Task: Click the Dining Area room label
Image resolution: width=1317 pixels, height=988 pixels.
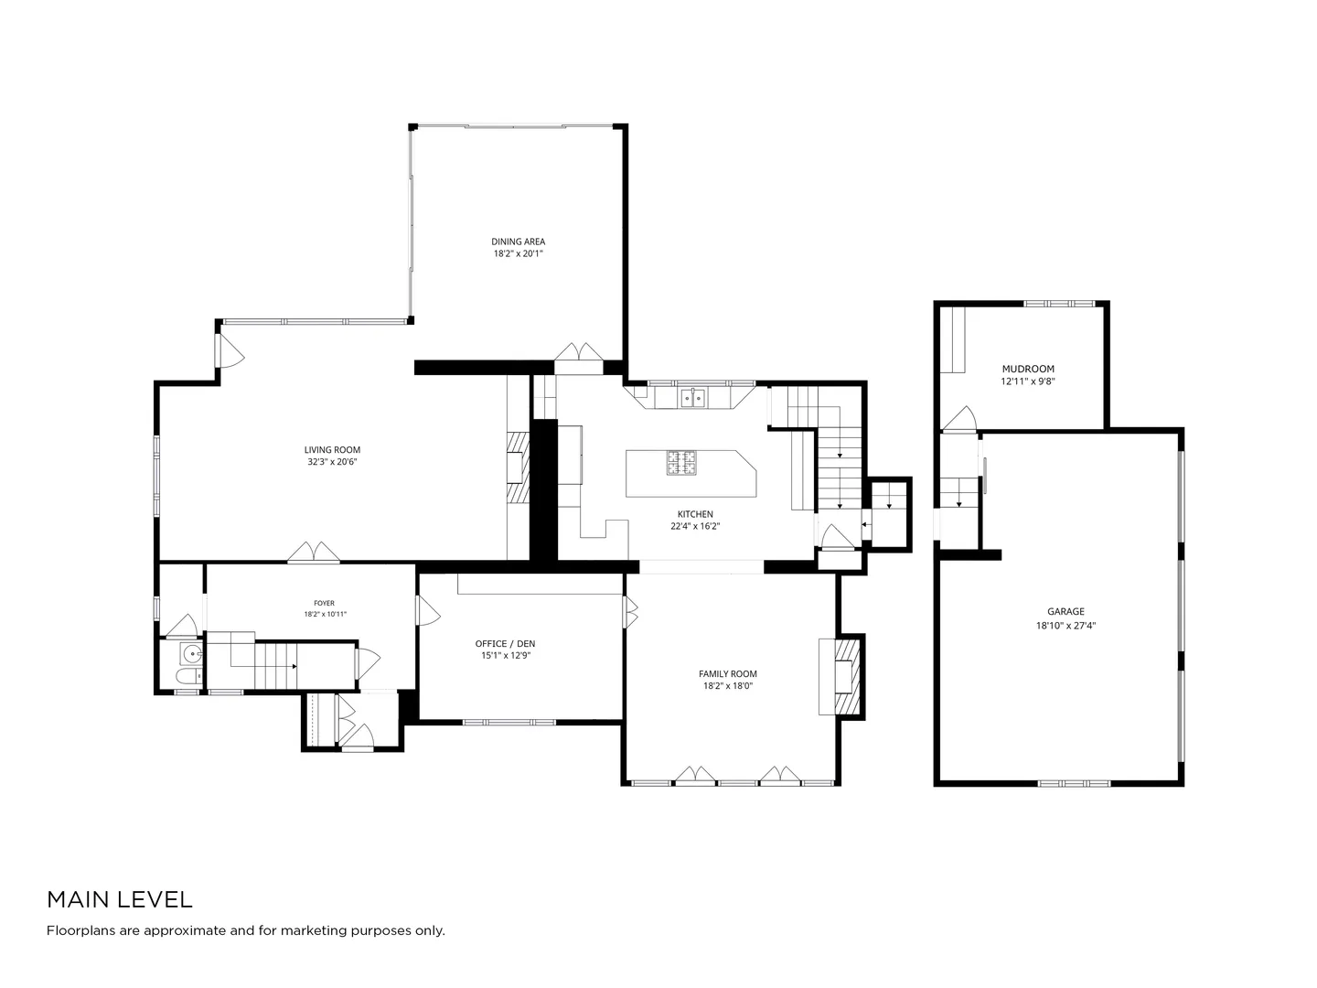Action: pos(518,242)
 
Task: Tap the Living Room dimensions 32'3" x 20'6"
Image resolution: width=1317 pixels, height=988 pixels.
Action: pos(332,462)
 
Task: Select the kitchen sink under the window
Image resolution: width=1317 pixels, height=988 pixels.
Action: pos(693,397)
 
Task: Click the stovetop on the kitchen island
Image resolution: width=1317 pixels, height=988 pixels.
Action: pos(681,463)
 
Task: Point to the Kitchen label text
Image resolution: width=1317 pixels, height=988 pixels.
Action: pos(695,514)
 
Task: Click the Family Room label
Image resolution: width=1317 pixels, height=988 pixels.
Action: pos(727,673)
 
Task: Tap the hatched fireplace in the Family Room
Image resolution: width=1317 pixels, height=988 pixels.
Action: pos(847,676)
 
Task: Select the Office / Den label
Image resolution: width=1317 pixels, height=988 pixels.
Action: pos(505,644)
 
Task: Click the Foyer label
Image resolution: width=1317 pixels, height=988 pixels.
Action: pos(324,603)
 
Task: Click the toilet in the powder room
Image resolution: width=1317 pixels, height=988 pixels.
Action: pos(189,677)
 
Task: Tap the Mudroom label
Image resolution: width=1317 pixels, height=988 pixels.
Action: pos(1028,369)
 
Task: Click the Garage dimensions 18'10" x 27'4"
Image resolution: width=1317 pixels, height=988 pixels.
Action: pos(1065,625)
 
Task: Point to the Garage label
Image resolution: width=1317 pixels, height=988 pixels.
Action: pos(1065,611)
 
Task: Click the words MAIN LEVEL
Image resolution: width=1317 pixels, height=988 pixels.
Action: pos(120,899)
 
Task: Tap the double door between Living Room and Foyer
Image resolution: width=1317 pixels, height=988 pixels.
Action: pos(314,552)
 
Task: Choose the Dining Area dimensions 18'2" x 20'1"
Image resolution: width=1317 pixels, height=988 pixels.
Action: pos(518,253)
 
